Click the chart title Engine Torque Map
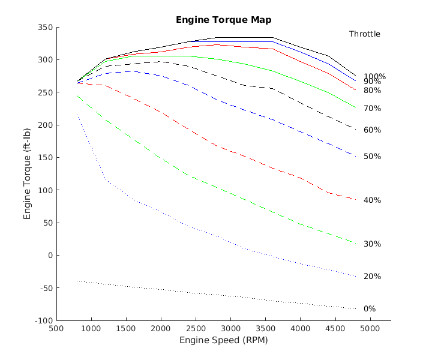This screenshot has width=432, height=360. [x=223, y=20]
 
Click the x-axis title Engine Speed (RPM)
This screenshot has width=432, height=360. [x=223, y=340]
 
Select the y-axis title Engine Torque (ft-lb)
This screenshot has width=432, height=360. [x=28, y=174]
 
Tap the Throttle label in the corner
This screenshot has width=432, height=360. [x=365, y=34]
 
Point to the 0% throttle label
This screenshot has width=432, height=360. [x=370, y=309]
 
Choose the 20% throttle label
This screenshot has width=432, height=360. [x=372, y=277]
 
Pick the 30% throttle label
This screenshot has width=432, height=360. [x=372, y=244]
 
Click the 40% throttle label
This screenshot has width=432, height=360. [x=372, y=200]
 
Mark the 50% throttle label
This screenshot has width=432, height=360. [x=372, y=157]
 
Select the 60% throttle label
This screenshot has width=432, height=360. [x=372, y=130]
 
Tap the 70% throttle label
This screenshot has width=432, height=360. [x=372, y=109]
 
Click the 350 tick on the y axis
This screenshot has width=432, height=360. [x=46, y=28]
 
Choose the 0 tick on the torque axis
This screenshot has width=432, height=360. [x=49, y=256]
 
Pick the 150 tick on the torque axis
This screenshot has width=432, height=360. [x=46, y=158]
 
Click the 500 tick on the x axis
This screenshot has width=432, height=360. [x=56, y=329]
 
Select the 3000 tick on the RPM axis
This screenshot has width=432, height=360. [x=230, y=329]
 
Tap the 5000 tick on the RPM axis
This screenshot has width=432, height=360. [x=370, y=329]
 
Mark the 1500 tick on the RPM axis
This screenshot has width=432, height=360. [x=125, y=329]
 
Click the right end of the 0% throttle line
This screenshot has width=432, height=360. [x=356, y=308]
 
